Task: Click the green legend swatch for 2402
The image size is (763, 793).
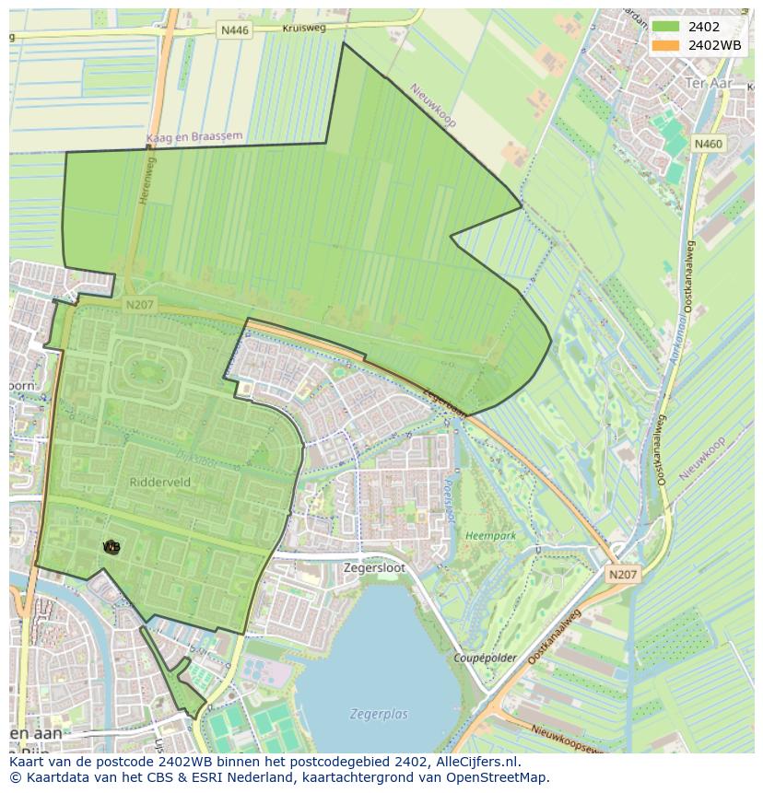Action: [x=664, y=27]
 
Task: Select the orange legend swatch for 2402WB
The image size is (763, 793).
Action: [x=664, y=45]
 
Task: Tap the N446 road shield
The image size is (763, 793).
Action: [x=235, y=30]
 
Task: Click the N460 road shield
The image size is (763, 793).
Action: [x=709, y=144]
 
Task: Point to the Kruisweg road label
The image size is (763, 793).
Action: [x=304, y=29]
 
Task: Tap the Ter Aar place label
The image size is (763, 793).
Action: [x=707, y=83]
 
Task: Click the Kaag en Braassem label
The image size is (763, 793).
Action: [x=194, y=137]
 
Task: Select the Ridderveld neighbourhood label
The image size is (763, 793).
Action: [x=160, y=481]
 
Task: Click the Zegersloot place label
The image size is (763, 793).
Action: [x=373, y=568]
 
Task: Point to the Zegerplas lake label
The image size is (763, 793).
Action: [x=378, y=713]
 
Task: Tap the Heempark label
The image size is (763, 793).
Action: [x=490, y=534]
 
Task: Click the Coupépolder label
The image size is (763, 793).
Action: [x=485, y=658]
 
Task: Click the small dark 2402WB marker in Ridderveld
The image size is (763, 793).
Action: [x=112, y=547]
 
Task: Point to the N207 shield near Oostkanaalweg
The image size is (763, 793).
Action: [x=622, y=574]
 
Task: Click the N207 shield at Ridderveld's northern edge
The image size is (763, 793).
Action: [x=140, y=304]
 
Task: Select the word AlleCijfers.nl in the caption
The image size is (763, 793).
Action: [x=475, y=762]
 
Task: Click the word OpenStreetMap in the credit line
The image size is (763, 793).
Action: [x=499, y=777]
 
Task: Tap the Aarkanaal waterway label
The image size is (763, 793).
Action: [x=681, y=329]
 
